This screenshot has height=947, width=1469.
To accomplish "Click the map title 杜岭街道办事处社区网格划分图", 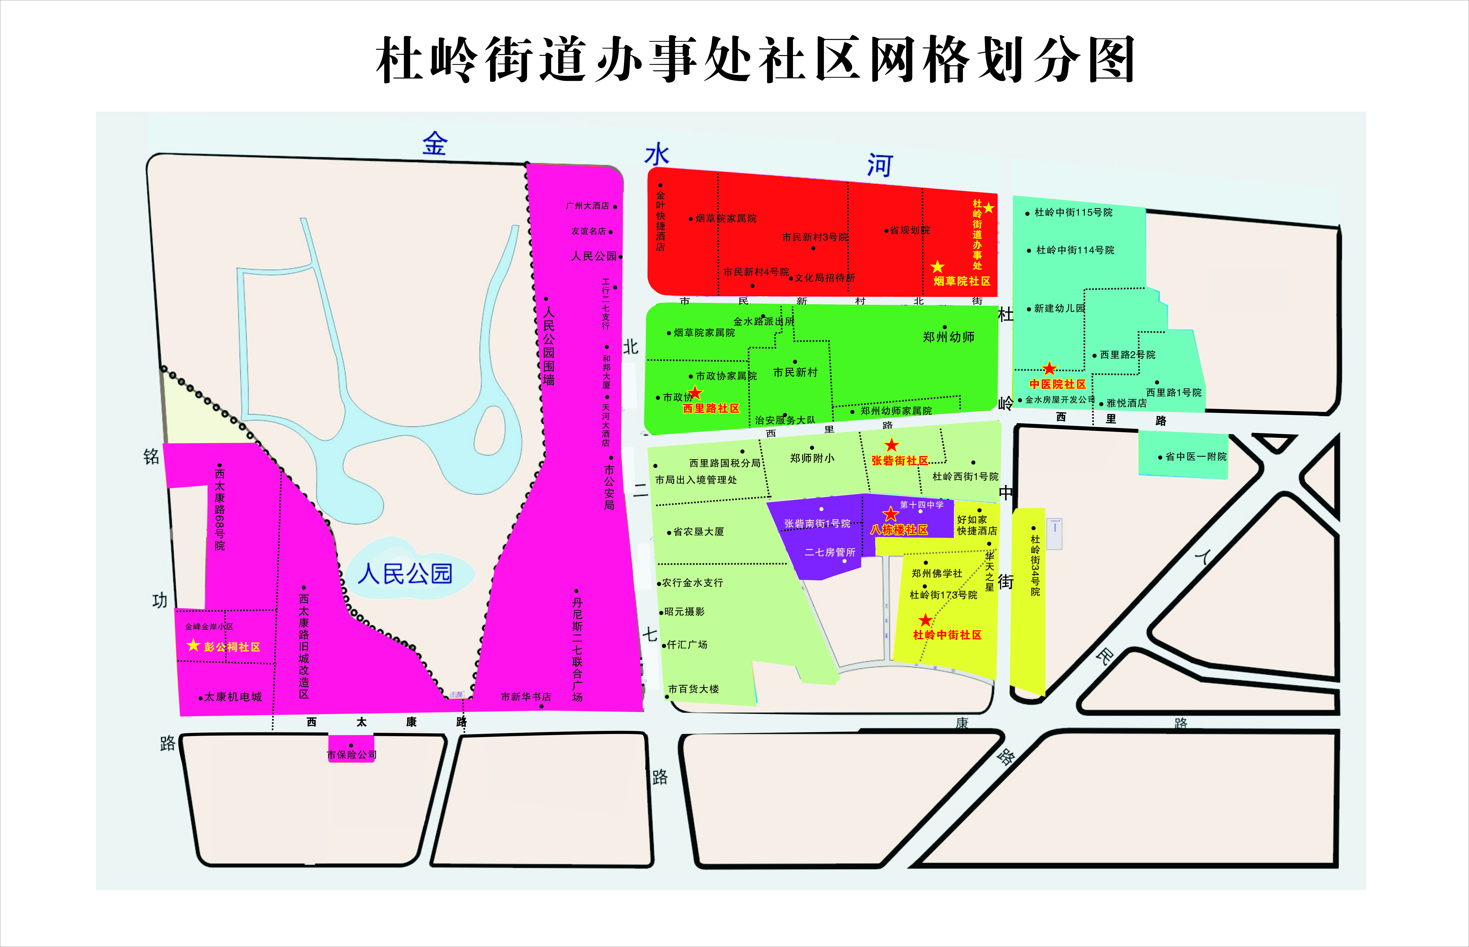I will click(x=755, y=60).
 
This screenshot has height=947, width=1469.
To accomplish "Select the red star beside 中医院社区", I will click(x=1049, y=369).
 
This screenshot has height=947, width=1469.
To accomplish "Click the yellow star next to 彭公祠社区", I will click(x=193, y=645).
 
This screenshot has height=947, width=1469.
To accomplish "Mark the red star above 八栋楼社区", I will click(x=890, y=514).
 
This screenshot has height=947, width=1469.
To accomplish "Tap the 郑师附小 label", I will click(x=812, y=458).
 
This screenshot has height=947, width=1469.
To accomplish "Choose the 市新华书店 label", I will click(x=526, y=697).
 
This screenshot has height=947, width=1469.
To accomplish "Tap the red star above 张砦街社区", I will click(x=891, y=445).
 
